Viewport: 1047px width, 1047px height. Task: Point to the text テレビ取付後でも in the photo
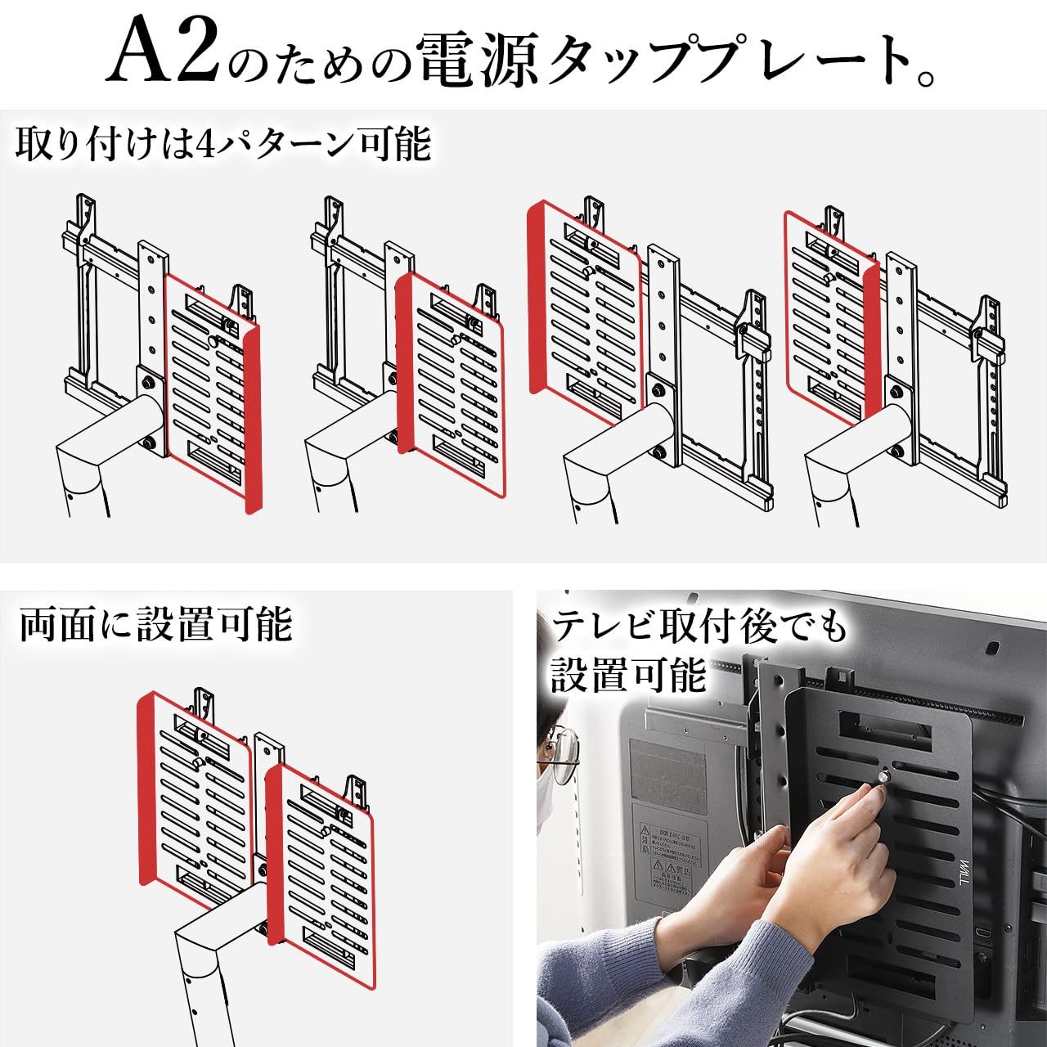(x=700, y=629)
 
